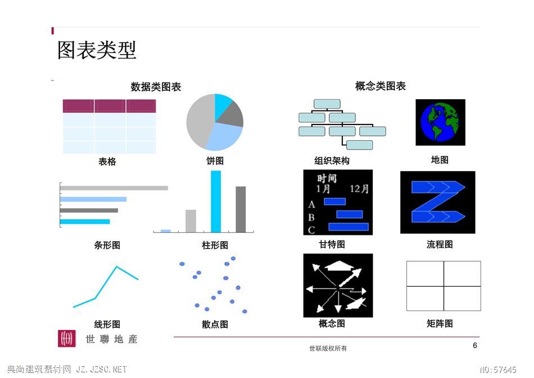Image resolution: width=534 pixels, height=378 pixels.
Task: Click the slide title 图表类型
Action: [x=97, y=50]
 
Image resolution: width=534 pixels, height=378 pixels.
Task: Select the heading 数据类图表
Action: [x=156, y=87]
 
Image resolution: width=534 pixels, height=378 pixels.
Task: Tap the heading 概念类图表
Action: [x=381, y=86]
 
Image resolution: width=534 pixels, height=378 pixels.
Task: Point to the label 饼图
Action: [x=215, y=161]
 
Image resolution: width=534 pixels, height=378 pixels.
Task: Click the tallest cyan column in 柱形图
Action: [x=216, y=201]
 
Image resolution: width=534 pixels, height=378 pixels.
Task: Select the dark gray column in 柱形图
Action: [x=241, y=209]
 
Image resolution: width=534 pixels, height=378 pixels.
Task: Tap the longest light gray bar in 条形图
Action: [x=114, y=188]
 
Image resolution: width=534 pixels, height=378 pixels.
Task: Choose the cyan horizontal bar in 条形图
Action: [x=85, y=222]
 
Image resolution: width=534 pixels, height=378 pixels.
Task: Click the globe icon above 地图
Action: [x=440, y=122]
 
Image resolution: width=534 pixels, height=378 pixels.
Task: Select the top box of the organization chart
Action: [x=327, y=104]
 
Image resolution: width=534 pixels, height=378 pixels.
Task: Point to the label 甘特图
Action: [x=332, y=244]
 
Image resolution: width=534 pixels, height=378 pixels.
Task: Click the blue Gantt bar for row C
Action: [x=349, y=226]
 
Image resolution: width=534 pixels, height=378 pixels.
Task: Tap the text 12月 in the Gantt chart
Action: [x=359, y=189]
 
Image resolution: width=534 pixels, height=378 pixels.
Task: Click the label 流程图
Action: [x=440, y=244]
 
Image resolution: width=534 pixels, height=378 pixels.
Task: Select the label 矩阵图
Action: [x=440, y=323]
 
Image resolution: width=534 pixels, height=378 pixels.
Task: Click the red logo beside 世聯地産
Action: [x=67, y=339]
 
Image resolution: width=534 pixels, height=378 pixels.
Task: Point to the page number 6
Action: [x=475, y=345]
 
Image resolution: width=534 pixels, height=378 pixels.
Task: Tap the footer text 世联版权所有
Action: [x=328, y=348]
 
